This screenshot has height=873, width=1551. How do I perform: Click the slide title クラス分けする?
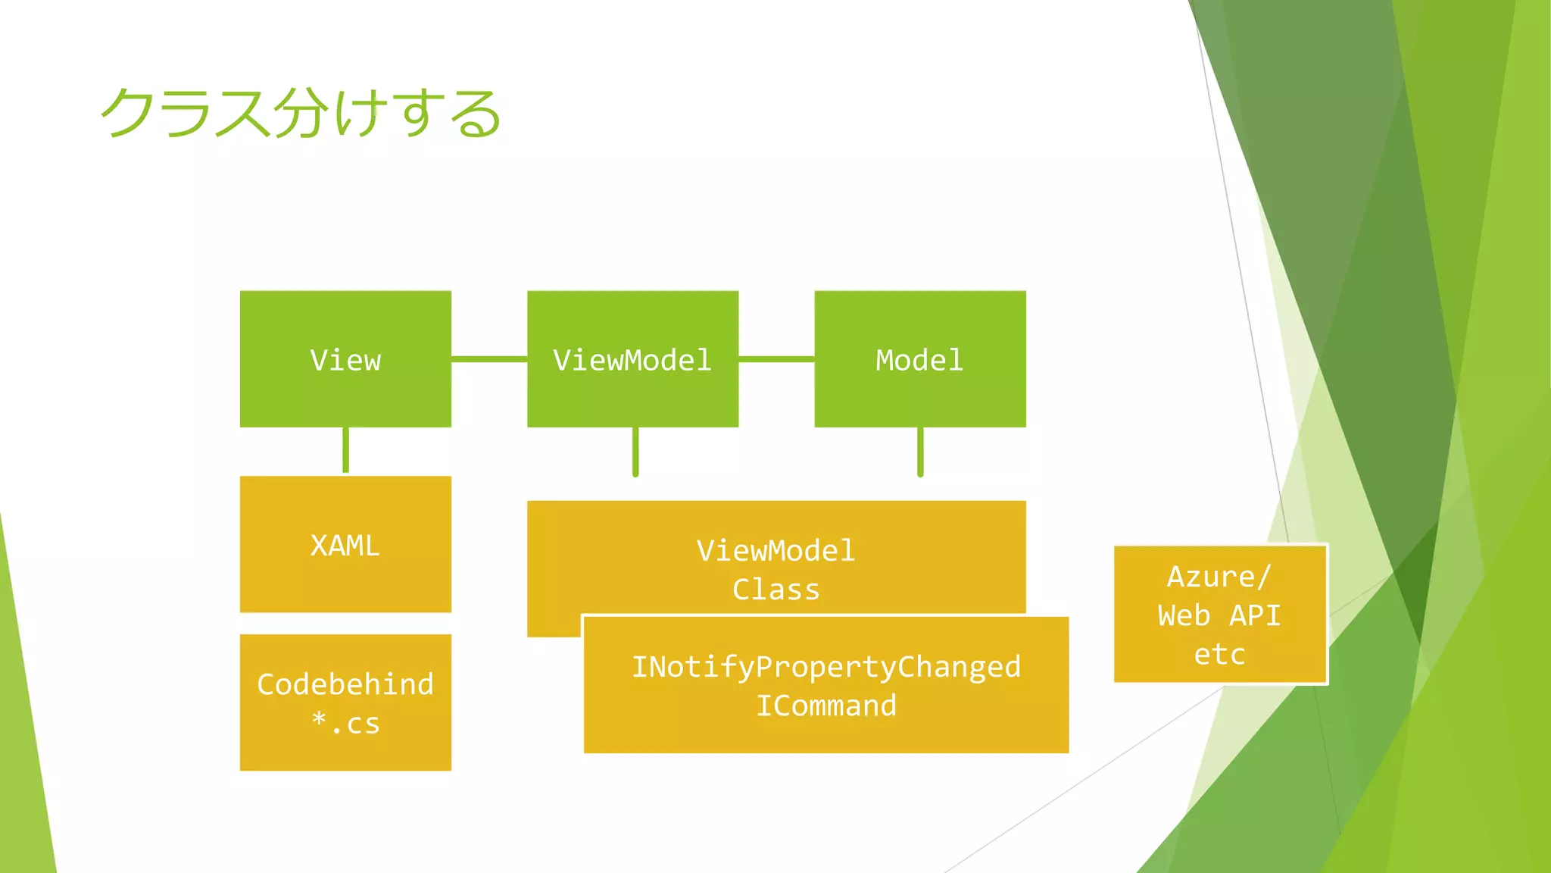click(301, 114)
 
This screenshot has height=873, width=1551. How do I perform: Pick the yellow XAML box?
click(345, 545)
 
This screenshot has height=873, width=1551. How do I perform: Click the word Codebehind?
click(345, 684)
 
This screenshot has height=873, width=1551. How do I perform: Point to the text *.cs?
click(345, 724)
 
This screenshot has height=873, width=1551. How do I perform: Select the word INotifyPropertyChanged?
click(826, 667)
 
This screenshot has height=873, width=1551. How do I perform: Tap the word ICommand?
click(826, 706)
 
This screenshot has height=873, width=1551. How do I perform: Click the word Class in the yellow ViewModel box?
click(775, 590)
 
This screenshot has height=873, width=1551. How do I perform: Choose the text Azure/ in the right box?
click(1219, 577)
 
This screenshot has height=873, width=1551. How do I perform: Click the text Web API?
click(1219, 615)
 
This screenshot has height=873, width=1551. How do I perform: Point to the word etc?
click(1219, 654)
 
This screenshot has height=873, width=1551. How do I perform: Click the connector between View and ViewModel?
click(489, 358)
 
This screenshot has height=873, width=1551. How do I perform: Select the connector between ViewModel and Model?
click(776, 358)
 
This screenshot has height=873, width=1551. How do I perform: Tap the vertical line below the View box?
click(345, 450)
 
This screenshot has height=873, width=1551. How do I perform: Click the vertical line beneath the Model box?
click(920, 452)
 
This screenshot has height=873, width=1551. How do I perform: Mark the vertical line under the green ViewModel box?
click(635, 452)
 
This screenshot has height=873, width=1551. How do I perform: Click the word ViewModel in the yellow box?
click(775, 551)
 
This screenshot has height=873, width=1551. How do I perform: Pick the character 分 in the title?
click(301, 114)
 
